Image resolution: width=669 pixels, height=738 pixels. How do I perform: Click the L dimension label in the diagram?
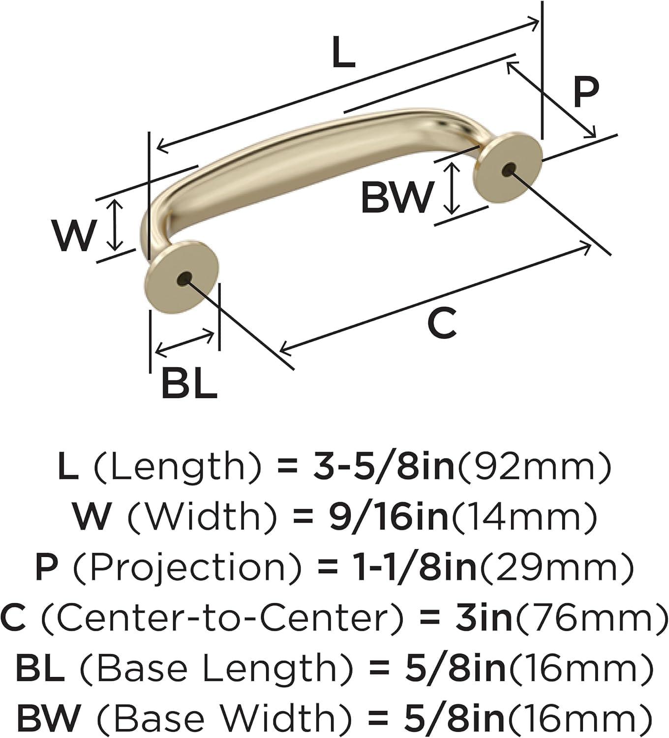(343, 53)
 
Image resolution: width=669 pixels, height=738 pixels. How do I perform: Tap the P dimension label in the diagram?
(586, 92)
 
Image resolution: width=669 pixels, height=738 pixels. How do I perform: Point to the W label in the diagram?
(74, 235)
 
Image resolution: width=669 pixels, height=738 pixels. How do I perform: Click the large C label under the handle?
(442, 323)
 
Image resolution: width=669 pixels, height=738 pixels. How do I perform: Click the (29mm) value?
(556, 567)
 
